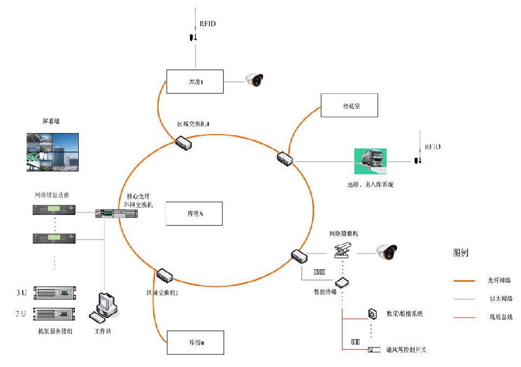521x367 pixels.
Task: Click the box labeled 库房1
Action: pyautogui.click(x=194, y=82)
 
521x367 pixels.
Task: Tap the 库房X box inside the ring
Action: pyautogui.click(x=194, y=213)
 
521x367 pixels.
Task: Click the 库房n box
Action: pyautogui.click(x=194, y=343)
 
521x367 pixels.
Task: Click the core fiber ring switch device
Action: pyautogui.click(x=113, y=213)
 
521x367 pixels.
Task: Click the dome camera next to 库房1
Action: pyautogui.click(x=254, y=80)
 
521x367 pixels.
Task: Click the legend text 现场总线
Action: pyautogui.click(x=500, y=317)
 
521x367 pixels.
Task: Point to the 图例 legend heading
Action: pyautogui.click(x=460, y=253)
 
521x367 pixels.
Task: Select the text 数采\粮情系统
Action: pyautogui.click(x=404, y=313)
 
